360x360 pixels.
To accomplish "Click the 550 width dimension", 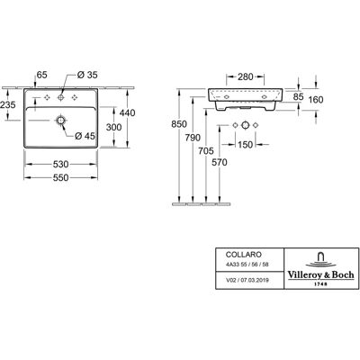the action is [x=61, y=178].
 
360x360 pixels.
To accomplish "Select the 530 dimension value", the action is [x=61, y=165].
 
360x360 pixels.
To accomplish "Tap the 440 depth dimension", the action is [x=127, y=112].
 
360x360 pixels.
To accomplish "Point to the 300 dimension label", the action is [x=113, y=127].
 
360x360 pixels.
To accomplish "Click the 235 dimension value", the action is [x=8, y=105].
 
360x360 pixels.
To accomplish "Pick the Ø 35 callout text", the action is [x=87, y=75].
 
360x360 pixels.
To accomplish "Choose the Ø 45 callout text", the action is [x=85, y=136].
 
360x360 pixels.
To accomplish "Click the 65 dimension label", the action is [x=41, y=75].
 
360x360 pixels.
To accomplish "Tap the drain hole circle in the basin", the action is [x=61, y=121].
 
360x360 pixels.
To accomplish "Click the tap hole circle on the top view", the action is [x=61, y=97].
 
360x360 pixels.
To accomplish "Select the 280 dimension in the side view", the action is [x=246, y=77].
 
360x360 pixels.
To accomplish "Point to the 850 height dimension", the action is [x=179, y=124].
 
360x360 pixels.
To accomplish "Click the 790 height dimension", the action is [x=193, y=138].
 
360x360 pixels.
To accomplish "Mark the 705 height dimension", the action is [x=206, y=151].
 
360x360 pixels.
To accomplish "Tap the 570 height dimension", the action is [x=220, y=162].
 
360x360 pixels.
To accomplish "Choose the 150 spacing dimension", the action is [x=245, y=145].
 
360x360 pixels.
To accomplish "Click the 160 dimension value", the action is [x=316, y=99].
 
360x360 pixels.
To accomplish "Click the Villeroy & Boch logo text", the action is [x=321, y=274].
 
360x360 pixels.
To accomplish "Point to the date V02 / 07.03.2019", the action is [x=247, y=280].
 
